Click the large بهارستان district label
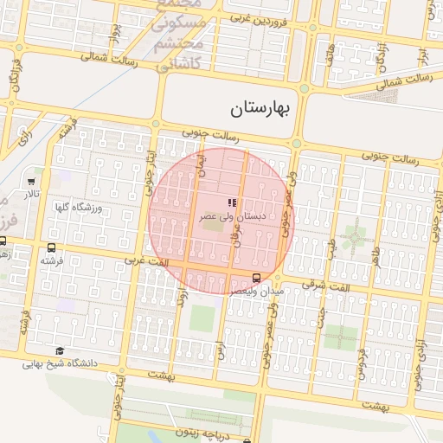264,109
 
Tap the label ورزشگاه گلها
78,208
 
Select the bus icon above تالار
32,182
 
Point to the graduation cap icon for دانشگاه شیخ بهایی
60,350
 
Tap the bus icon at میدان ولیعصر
256,277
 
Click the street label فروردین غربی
251,17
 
